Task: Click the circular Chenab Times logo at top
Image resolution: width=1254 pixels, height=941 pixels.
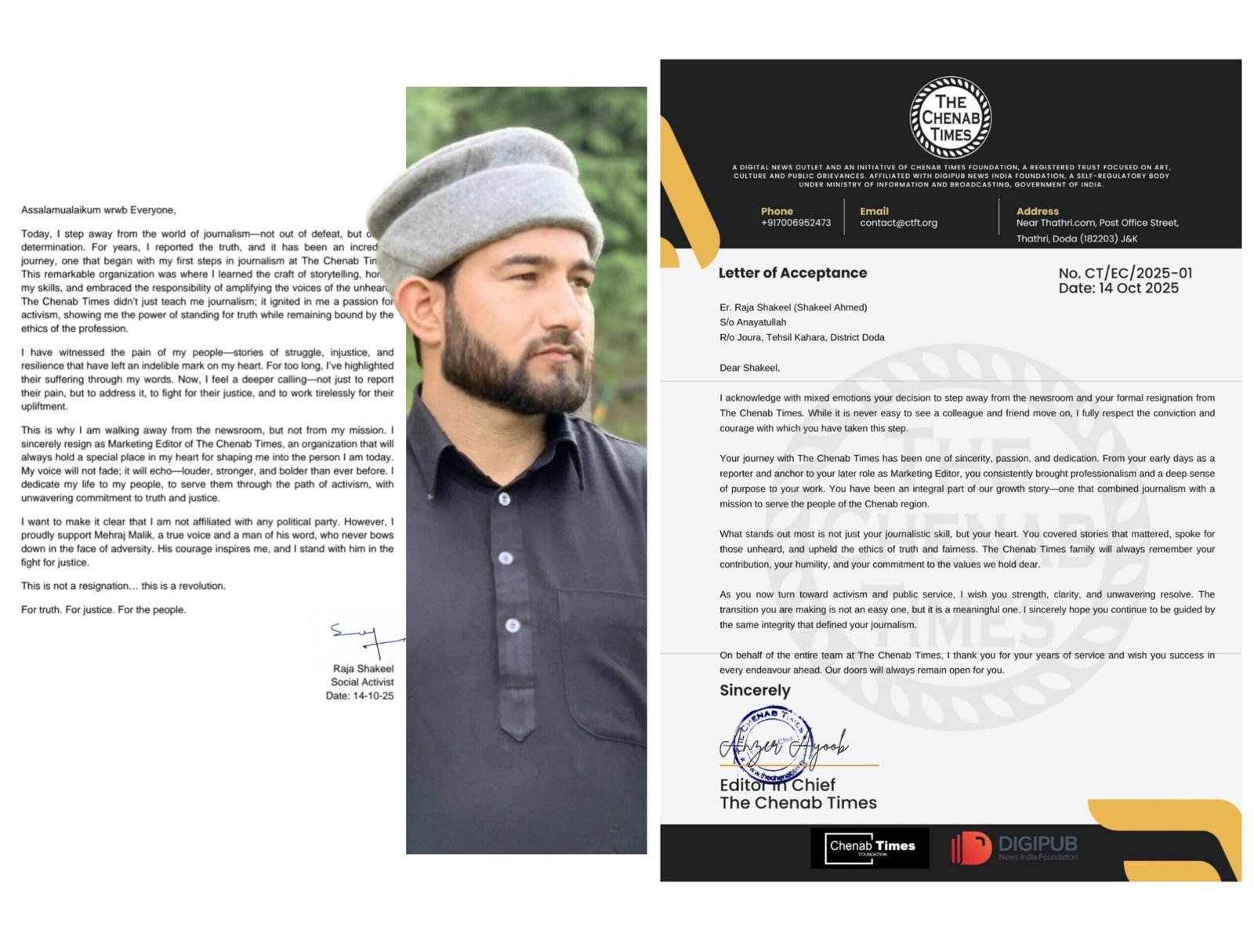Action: pos(950,118)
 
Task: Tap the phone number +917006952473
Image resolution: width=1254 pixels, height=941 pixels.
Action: pos(796,223)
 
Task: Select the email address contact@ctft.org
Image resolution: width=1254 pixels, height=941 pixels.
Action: pos(898,223)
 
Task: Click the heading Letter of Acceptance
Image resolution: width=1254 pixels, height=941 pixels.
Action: pos(792,273)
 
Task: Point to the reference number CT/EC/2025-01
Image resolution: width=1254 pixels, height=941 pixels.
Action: pos(1125,273)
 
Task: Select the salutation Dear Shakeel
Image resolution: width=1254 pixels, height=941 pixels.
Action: pos(749,368)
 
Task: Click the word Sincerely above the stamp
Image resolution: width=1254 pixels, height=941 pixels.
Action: pos(755,690)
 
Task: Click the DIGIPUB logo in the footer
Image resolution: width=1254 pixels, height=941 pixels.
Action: pos(1014,848)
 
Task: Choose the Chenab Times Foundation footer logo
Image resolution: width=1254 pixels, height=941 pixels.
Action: pos(870,848)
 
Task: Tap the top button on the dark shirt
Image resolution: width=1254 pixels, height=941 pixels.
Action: pos(504,499)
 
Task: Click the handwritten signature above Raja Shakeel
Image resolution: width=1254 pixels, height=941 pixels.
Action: pos(365,638)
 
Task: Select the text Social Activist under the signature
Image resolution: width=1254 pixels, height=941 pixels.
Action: pos(362,682)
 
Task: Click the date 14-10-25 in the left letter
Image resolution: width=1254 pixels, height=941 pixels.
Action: pos(373,696)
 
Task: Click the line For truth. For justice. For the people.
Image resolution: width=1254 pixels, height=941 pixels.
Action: pos(103,609)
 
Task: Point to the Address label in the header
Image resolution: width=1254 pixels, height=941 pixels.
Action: pos(1037,211)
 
